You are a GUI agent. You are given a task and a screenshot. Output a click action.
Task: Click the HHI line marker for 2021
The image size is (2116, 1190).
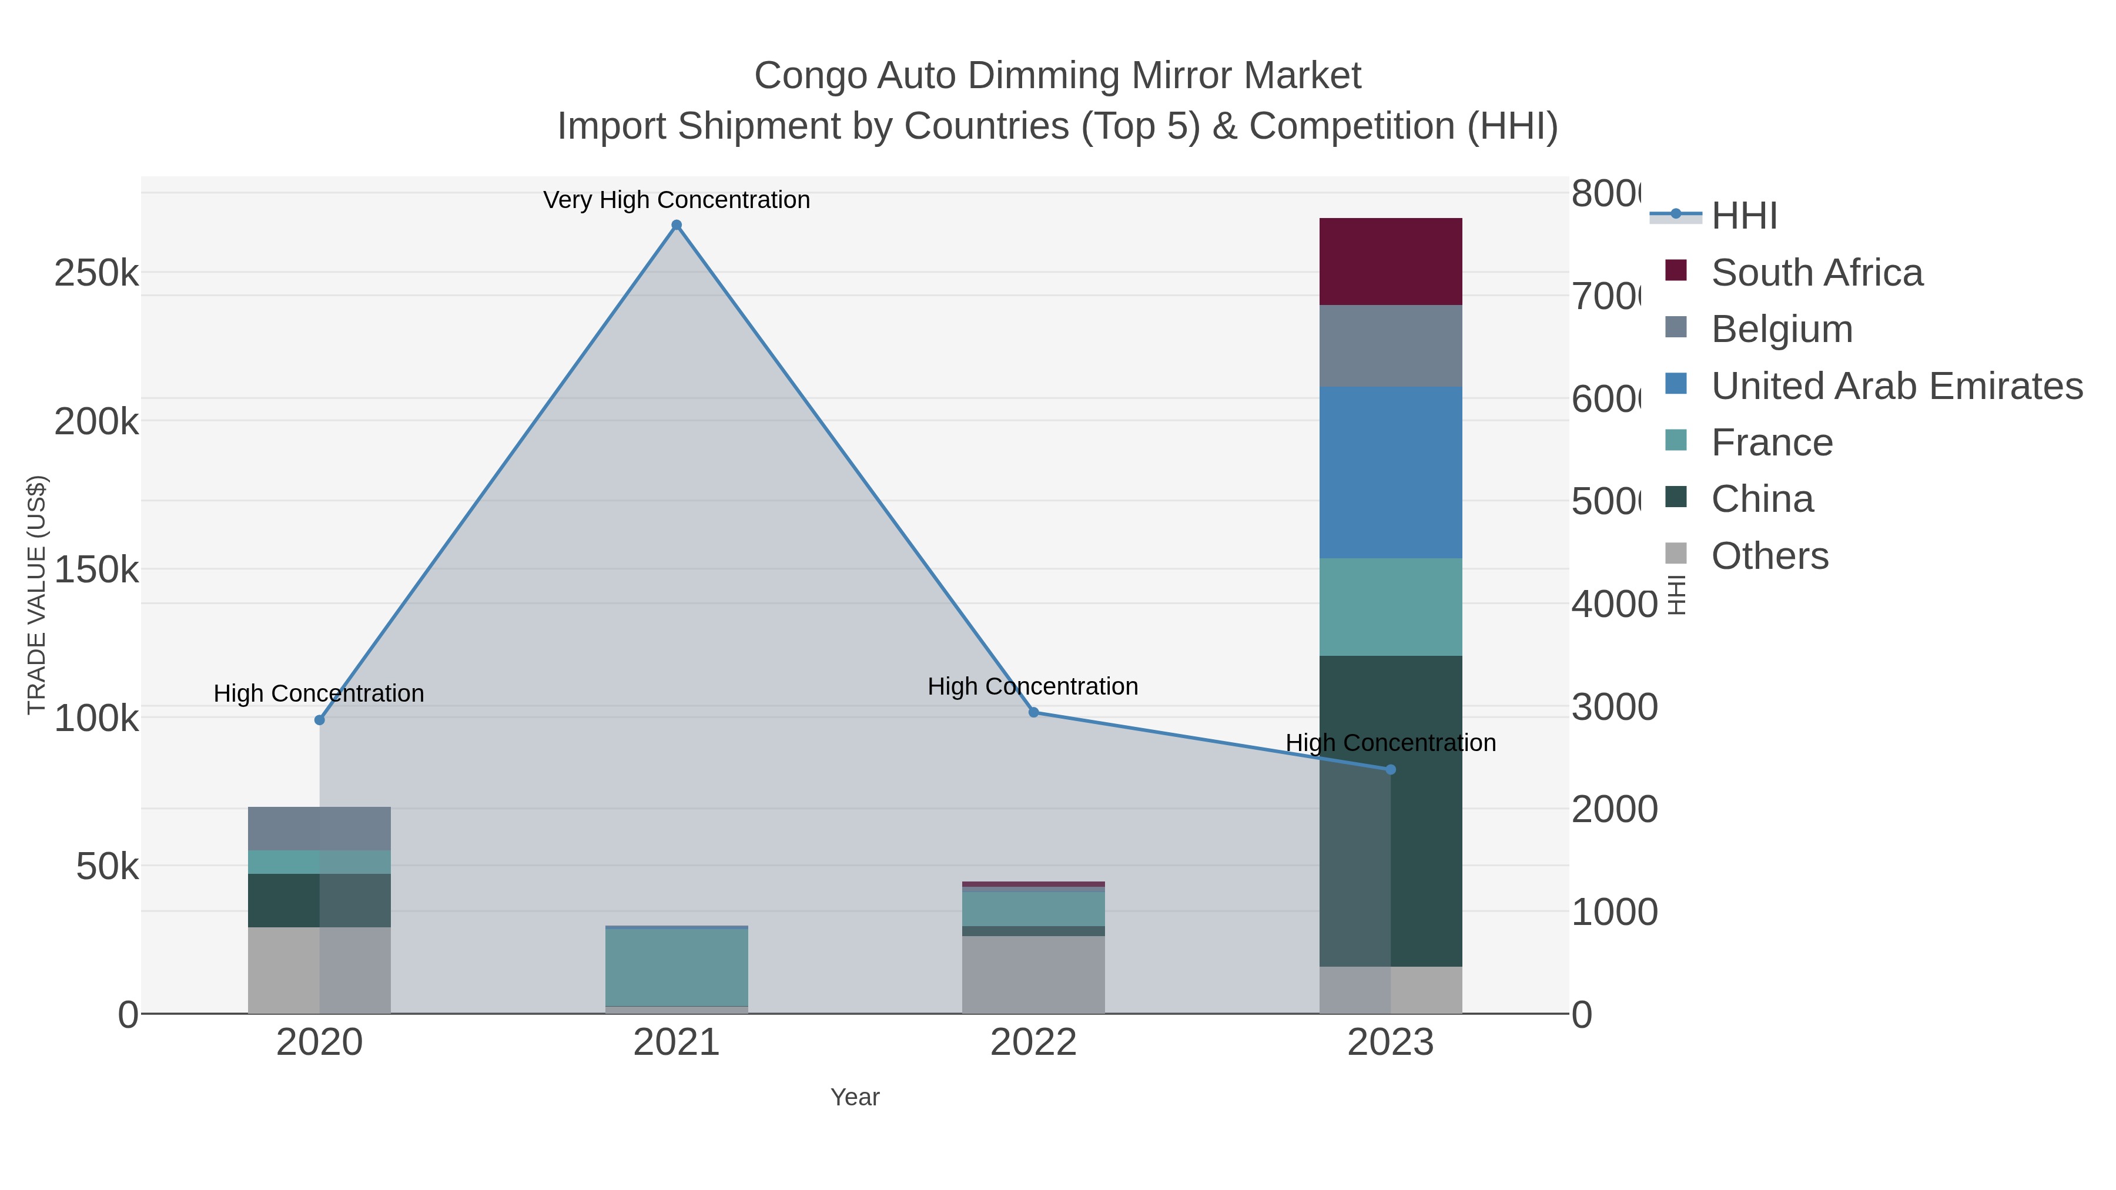[676, 225]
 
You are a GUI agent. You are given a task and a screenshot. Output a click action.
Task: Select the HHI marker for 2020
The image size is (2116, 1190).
[320, 720]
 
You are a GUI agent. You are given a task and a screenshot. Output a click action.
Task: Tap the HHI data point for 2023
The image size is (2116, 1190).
[1391, 769]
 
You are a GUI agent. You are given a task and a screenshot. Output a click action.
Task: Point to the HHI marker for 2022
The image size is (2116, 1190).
[1033, 712]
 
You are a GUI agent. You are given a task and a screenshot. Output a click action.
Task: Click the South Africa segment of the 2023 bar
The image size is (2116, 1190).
[1391, 261]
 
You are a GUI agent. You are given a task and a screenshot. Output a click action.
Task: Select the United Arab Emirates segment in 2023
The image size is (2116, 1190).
[1391, 472]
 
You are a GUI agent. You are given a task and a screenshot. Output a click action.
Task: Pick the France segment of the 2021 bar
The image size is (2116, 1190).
[676, 967]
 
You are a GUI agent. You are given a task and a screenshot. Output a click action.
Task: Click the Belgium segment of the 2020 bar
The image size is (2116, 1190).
[320, 828]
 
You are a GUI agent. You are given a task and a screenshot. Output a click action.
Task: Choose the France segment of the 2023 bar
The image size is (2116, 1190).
[1391, 607]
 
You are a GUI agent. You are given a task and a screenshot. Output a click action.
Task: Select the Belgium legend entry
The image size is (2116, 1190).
[1781, 329]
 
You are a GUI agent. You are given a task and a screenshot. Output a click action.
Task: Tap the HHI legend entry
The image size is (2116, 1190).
[1743, 216]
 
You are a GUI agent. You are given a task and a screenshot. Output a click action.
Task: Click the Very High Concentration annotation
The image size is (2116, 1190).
[676, 200]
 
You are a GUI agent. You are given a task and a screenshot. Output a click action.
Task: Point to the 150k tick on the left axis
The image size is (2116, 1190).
[96, 569]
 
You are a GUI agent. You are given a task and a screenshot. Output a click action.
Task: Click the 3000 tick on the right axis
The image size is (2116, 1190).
[1614, 707]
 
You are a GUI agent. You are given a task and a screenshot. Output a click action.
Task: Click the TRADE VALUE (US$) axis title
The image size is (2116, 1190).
[37, 595]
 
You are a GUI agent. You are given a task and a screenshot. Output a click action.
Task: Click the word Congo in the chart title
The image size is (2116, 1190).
[810, 76]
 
